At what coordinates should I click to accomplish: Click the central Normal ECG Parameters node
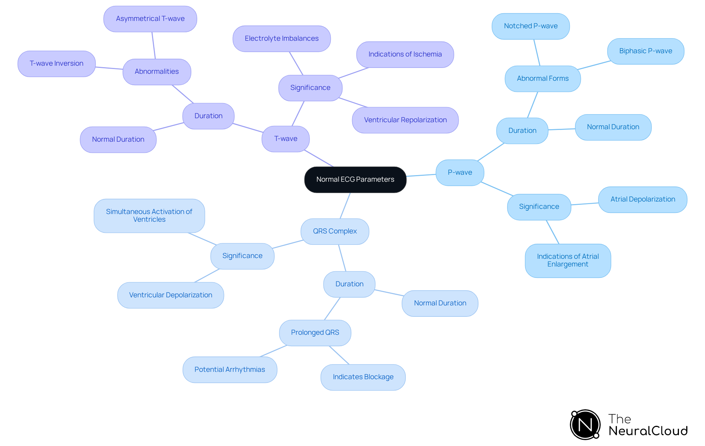[355, 180]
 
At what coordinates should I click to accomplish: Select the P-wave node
[460, 173]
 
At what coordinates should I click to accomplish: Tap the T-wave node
[286, 139]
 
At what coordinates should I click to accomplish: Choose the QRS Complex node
[335, 231]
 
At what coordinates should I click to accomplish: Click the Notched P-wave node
[531, 26]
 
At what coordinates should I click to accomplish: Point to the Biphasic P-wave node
[646, 51]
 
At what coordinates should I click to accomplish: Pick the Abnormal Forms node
[543, 79]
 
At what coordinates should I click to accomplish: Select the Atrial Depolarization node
[643, 199]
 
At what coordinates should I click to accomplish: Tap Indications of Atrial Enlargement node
[568, 261]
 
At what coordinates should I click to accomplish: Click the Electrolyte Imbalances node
[282, 39]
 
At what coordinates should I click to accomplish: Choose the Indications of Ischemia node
[405, 54]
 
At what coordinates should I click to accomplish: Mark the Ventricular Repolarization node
[405, 120]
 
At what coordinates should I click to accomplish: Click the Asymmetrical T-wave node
[150, 19]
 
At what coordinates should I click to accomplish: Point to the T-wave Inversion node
[57, 64]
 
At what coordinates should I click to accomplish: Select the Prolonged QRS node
[315, 333]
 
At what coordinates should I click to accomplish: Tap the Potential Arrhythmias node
[230, 370]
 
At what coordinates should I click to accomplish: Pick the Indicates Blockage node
[363, 377]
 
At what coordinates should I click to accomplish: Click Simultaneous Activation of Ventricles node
[149, 215]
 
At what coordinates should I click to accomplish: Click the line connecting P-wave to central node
[421, 175]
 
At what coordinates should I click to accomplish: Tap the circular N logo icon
[585, 425]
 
